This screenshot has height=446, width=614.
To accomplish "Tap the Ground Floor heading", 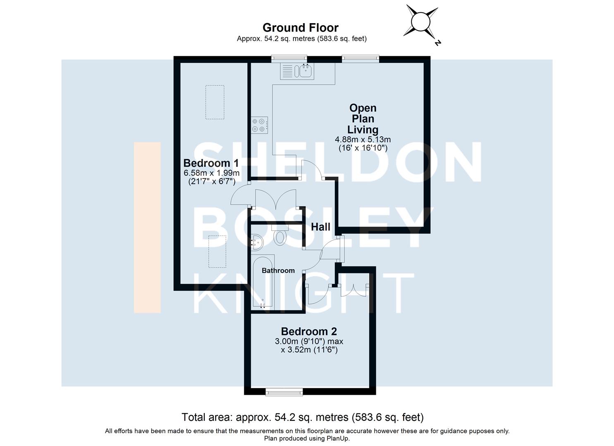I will pyautogui.click(x=301, y=28).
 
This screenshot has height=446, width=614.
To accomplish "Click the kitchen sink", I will pyautogui.click(x=306, y=71).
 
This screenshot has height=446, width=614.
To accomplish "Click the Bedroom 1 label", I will pyautogui.click(x=211, y=163).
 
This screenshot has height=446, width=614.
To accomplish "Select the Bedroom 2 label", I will pyautogui.click(x=309, y=331).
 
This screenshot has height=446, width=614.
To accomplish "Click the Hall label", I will pyautogui.click(x=320, y=227).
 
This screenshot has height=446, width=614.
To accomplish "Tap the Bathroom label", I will pyautogui.click(x=278, y=270).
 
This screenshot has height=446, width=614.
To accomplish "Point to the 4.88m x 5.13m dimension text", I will pyautogui.click(x=363, y=140).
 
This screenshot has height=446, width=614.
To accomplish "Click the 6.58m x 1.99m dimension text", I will pyautogui.click(x=212, y=173).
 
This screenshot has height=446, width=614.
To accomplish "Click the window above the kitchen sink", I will pyautogui.click(x=289, y=59).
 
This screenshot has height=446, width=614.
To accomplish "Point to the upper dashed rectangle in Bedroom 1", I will pyautogui.click(x=215, y=102).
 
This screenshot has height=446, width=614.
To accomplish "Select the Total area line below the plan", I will pyautogui.click(x=303, y=417).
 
